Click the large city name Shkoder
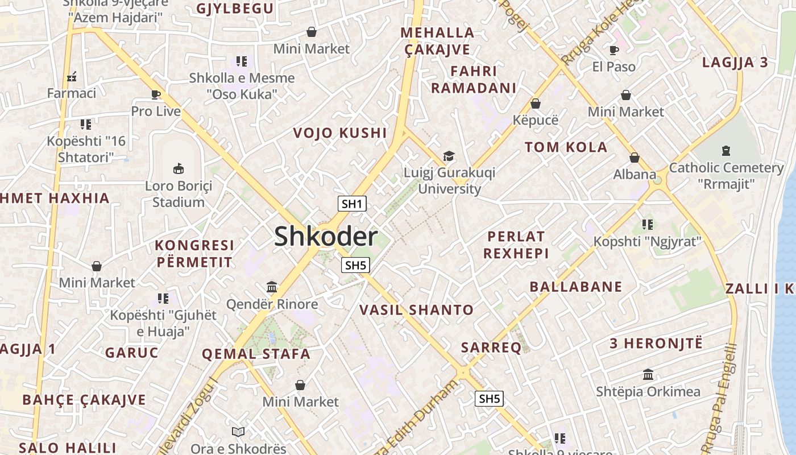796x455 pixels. [x=326, y=237]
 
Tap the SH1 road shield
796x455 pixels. [x=353, y=204]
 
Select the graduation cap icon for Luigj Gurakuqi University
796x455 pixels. [x=449, y=156]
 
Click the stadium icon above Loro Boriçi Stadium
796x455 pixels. [x=179, y=168]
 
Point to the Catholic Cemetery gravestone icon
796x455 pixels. [x=725, y=151]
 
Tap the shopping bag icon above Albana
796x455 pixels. [x=635, y=158]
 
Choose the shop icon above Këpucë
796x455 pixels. [x=535, y=104]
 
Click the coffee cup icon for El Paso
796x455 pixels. [x=614, y=50]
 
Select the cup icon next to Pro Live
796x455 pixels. [x=156, y=94]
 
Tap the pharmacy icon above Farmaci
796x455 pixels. [x=72, y=76]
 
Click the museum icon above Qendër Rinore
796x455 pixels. [x=272, y=287]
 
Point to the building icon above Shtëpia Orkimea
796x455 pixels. [x=648, y=375]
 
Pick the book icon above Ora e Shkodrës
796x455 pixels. [x=238, y=432]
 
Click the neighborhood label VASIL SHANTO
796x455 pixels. [x=416, y=310]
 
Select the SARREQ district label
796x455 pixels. [x=491, y=348]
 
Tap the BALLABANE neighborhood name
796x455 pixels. [x=575, y=287]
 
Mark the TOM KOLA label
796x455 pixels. [x=566, y=147]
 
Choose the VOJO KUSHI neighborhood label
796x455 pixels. [x=339, y=133]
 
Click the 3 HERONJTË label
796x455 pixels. [x=656, y=344]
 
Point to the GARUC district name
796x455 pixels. [x=131, y=353]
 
